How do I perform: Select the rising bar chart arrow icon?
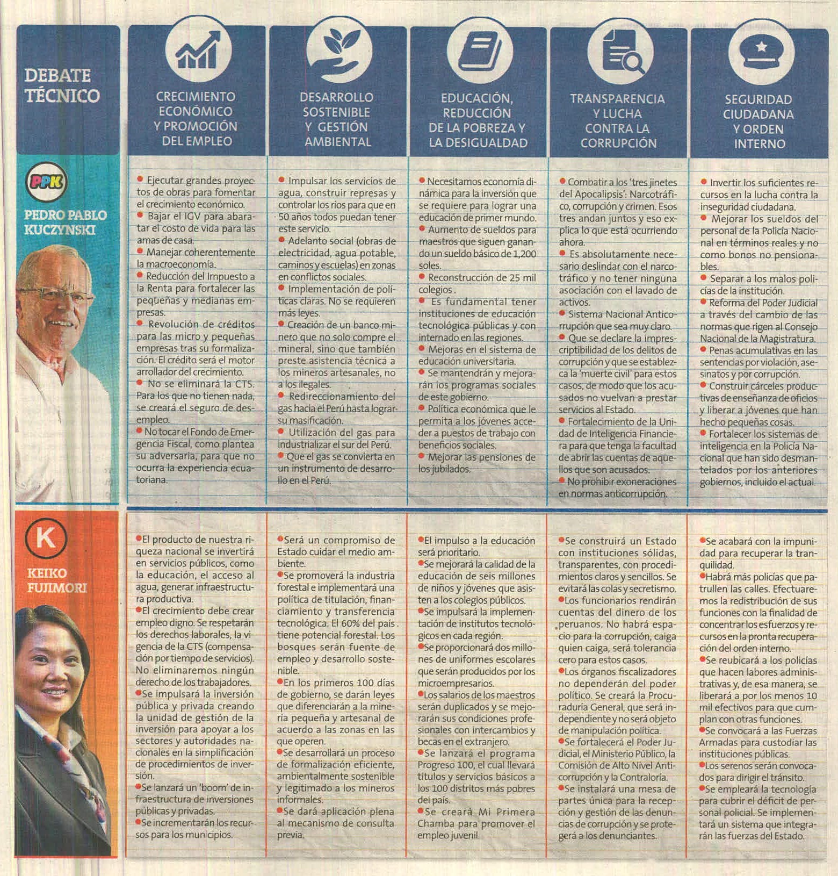pos(198,50)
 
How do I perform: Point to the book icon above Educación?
pos(479,51)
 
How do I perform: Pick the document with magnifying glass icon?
pos(620,53)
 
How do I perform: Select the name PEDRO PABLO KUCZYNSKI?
pos(65,222)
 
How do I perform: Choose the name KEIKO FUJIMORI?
pos(56,580)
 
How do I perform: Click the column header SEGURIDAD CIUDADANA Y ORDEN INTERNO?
pos(758,121)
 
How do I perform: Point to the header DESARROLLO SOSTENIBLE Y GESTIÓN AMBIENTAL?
pos(337,119)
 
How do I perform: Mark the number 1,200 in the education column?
pos(524,254)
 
